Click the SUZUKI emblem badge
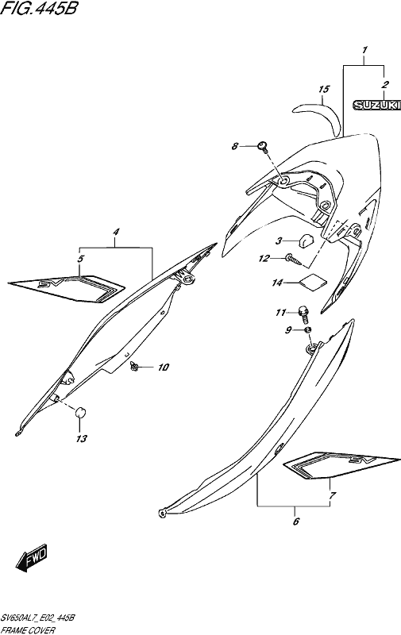[376, 106]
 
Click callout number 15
[324, 89]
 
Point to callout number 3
[279, 241]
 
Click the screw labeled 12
[294, 260]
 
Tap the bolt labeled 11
[303, 314]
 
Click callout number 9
[288, 330]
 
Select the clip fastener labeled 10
[134, 367]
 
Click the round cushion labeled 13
[80, 413]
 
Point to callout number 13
[82, 438]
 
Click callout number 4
[116, 233]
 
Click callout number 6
[295, 521]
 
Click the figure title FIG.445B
[38, 8]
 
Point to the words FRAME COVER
[28, 630]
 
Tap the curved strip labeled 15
[318, 117]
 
